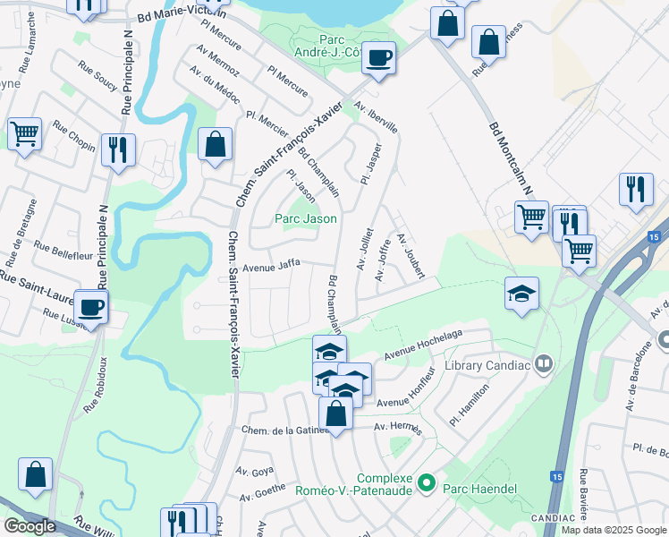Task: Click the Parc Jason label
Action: pos(306,218)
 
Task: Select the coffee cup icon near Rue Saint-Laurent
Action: pos(90,308)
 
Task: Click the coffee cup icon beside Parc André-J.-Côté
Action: pos(380,57)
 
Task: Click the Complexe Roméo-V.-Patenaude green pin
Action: pos(427,484)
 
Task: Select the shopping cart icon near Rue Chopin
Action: pos(24,134)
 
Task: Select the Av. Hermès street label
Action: pos(398,428)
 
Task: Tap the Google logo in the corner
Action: pos(30,525)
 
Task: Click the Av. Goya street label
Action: pos(254,471)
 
